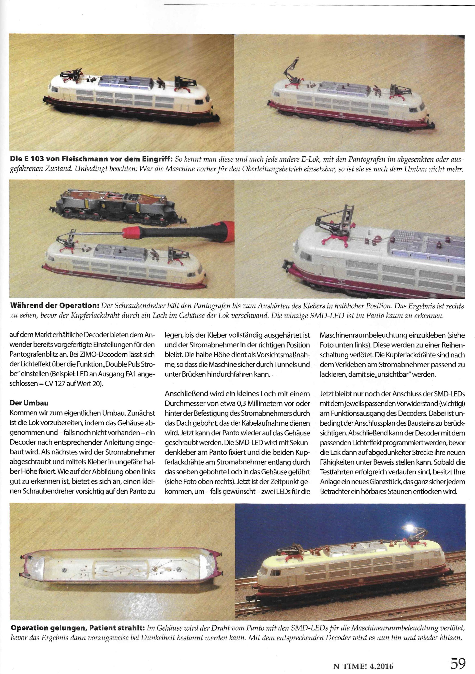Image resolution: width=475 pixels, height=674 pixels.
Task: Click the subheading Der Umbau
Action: (x=29, y=403)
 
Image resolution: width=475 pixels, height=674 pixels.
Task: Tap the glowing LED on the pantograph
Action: (x=409, y=526)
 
